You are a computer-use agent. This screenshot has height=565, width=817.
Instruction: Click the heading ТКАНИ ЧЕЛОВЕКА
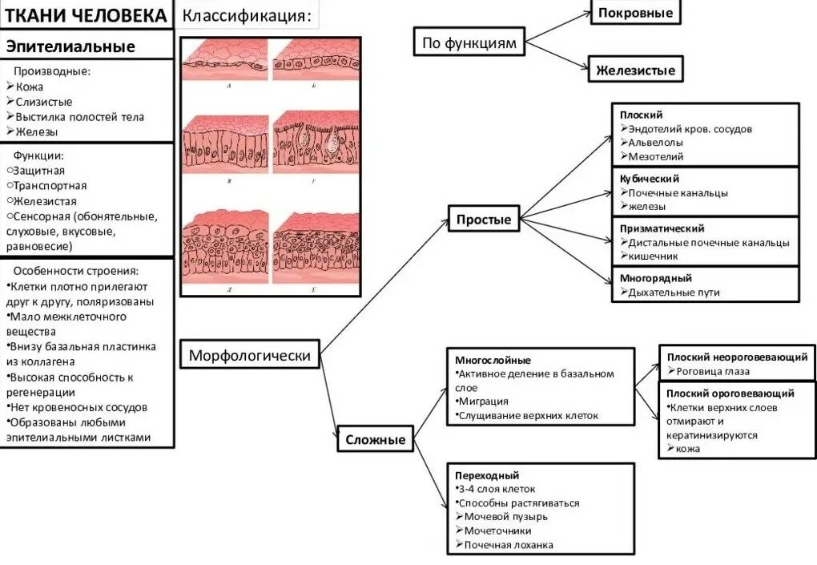pos(87,15)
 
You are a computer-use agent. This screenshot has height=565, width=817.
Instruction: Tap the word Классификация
pos(245,16)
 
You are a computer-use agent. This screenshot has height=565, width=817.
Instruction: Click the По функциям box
pos(469,42)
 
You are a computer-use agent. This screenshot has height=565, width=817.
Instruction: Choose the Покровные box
pos(635,13)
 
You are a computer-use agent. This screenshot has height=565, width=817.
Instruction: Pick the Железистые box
pos(635,70)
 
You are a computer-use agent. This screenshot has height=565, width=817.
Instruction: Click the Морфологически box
pos(250,354)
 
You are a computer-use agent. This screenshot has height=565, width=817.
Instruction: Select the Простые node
pos(484,219)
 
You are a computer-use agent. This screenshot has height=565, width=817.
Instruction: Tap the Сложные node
pos(375,439)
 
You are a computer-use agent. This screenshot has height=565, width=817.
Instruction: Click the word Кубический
pos(650,179)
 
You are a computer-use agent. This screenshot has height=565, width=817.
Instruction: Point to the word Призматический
pos(662,228)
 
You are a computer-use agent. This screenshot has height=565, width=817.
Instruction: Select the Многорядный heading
pos(655,278)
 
